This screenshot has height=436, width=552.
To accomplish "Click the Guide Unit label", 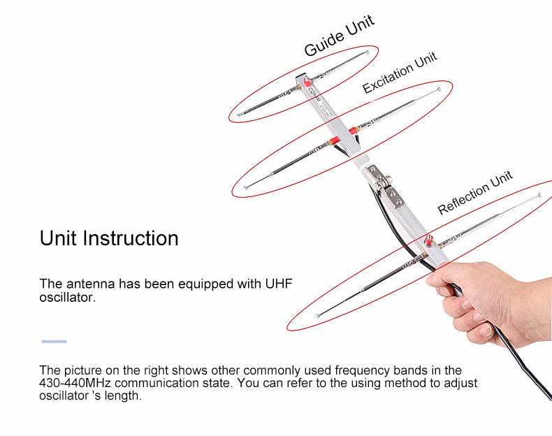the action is pos(340,36).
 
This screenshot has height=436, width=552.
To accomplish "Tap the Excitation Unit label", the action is pos(400,73).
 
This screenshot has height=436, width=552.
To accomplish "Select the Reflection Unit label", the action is pos(475,193).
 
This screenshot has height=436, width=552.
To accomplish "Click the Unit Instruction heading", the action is pos(109,238).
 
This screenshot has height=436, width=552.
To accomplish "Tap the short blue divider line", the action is pos(54,342).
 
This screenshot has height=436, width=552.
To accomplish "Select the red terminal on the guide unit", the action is pos(307,82).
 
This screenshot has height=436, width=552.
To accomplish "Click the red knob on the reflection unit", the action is pos(428,240).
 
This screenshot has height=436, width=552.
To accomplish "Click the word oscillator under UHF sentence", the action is pos(66,298).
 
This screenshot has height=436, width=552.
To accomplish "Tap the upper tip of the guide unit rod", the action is pos(368,52).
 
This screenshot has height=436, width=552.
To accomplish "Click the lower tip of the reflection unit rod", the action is pos(317,316).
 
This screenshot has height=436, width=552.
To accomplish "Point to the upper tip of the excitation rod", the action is pos(439,89).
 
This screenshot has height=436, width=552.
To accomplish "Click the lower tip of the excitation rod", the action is pos(245,187).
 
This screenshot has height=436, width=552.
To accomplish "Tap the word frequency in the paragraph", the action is pos(362,370).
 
